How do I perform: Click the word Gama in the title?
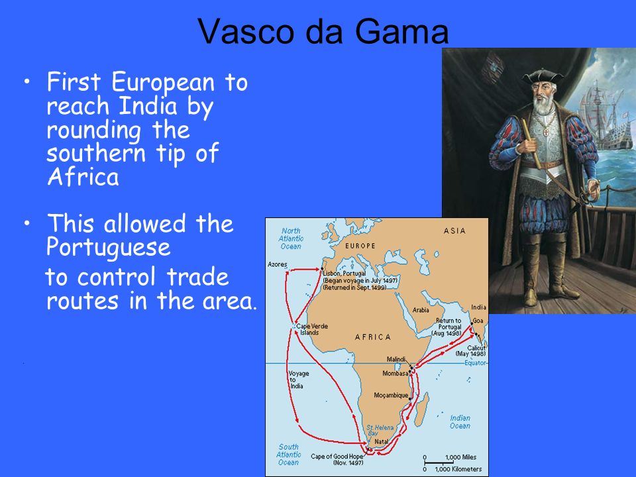point(401,31)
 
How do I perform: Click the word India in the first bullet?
point(148,106)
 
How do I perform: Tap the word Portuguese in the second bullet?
point(108,248)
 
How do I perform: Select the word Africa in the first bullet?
point(83,177)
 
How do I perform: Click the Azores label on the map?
point(278,264)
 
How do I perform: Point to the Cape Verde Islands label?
point(312,329)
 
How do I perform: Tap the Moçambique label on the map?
point(391,395)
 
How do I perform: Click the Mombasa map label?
point(395,373)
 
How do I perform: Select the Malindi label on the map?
point(396,359)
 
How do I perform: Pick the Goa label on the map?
point(478,321)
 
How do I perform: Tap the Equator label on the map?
point(475,362)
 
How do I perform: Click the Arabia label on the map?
point(421,310)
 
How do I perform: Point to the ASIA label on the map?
point(454,231)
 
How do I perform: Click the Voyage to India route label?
point(299,380)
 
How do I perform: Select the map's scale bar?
point(439,462)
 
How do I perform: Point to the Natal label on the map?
point(382,441)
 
